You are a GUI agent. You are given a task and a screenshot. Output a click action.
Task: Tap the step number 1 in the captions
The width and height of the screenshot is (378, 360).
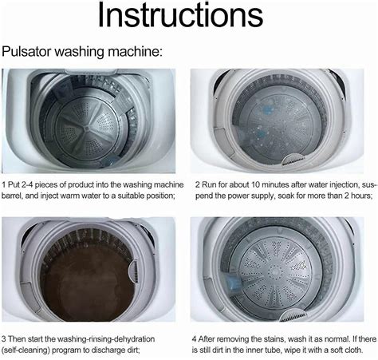tap(4, 185)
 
